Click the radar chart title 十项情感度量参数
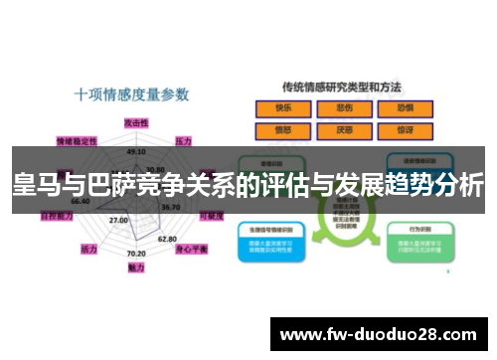(131, 94)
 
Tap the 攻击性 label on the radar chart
(135, 121)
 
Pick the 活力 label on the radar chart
(88, 249)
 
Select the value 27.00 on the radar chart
(118, 220)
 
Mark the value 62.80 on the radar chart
(168, 239)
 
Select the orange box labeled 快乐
(283, 108)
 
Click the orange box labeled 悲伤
(344, 108)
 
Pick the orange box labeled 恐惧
(405, 108)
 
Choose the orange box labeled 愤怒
(283, 129)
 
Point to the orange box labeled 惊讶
(405, 129)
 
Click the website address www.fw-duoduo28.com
(380, 333)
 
